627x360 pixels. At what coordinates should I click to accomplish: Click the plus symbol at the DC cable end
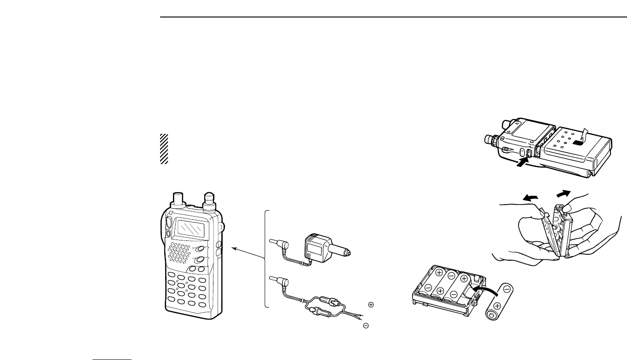coord(371,304)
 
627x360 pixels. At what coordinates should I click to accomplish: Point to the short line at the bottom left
coord(112,355)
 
